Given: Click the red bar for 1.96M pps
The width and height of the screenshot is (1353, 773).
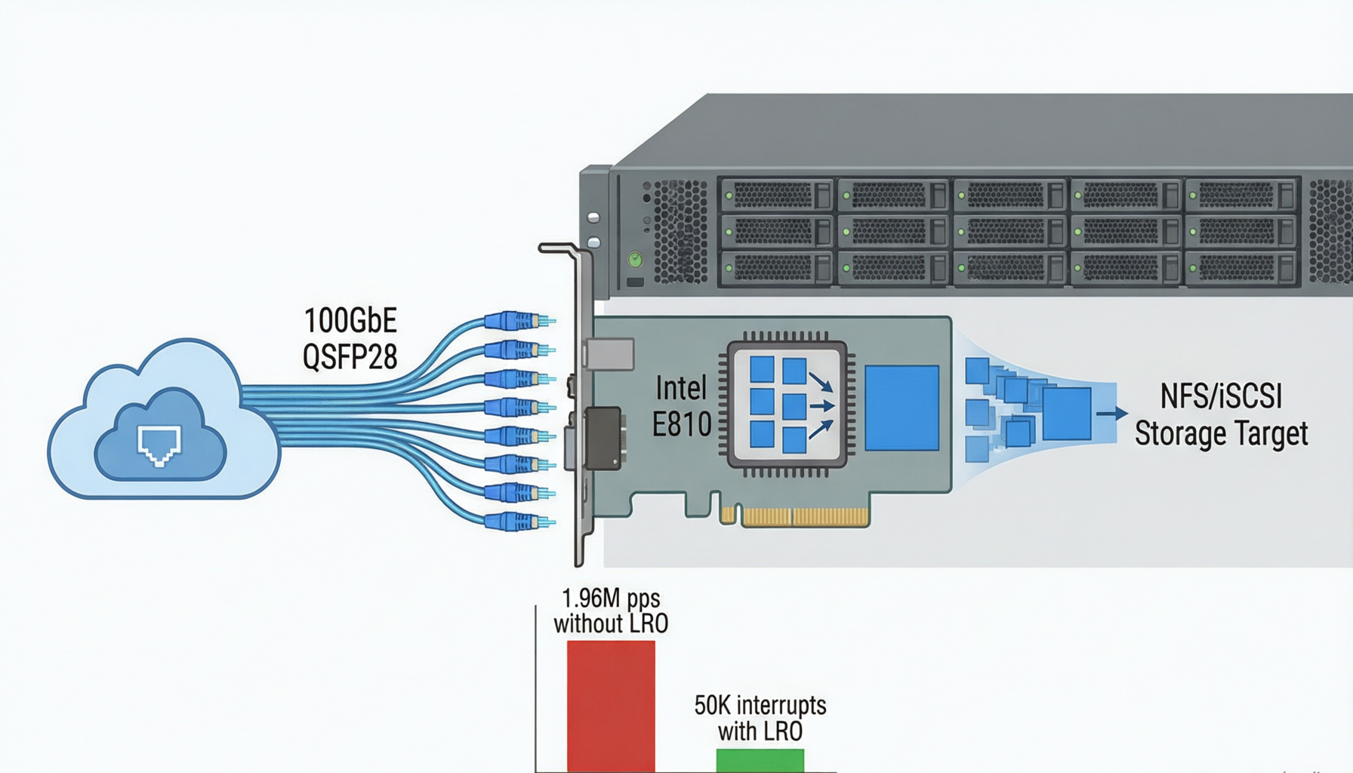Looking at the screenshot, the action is pos(611,706).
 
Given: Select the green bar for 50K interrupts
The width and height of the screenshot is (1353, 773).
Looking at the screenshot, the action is pos(760,760).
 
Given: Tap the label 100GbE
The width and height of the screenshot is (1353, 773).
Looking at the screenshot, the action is pos(350,321).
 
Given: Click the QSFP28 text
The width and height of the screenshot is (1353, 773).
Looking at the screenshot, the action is pos(350,356).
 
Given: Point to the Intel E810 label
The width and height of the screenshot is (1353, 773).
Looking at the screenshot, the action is pos(682,407).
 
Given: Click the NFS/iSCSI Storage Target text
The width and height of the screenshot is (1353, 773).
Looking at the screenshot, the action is pos(1221,415).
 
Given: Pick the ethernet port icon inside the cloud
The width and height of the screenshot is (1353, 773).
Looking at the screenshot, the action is pos(159,445).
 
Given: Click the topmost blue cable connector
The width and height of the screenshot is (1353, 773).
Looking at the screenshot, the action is pos(519,321).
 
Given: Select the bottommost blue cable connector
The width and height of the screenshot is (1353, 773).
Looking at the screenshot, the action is pos(519,521).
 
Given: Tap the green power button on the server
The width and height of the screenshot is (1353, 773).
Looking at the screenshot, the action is pos(636,260).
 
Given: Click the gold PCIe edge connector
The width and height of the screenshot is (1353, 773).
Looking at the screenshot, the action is pos(795,517).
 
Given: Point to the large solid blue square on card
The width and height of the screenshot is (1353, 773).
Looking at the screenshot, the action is pos(902,408).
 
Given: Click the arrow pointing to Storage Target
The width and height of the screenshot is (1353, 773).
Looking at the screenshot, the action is pos(1112,413).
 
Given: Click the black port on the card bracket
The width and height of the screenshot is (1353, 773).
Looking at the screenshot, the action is pos(603,438).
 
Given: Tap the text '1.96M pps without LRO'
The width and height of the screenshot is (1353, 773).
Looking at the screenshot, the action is pos(611,611).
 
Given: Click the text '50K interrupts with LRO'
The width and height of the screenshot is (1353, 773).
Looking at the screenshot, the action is pos(760,718).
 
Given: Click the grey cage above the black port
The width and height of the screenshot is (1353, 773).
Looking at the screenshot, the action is pos(609,354).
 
